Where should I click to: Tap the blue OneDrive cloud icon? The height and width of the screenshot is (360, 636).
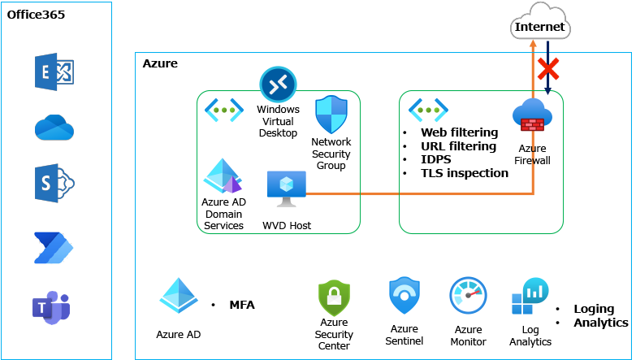54,127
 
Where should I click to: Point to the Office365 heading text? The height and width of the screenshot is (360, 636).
36,15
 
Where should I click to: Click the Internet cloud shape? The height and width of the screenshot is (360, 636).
540,24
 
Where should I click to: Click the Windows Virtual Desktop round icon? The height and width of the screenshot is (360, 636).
278,85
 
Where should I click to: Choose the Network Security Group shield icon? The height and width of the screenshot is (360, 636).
331,114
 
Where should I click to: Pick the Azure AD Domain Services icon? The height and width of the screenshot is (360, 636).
223,177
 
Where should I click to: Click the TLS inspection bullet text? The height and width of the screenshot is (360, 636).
464,173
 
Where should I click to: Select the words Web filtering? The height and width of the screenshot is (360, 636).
459,132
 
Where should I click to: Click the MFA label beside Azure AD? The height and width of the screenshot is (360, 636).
241,306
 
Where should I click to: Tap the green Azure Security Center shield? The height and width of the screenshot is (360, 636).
334,298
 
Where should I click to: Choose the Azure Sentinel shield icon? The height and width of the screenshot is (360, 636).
404,297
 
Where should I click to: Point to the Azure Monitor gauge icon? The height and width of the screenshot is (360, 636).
468,297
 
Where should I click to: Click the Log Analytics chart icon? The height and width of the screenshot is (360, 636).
530,298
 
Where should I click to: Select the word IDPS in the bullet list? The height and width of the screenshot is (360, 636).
438,159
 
